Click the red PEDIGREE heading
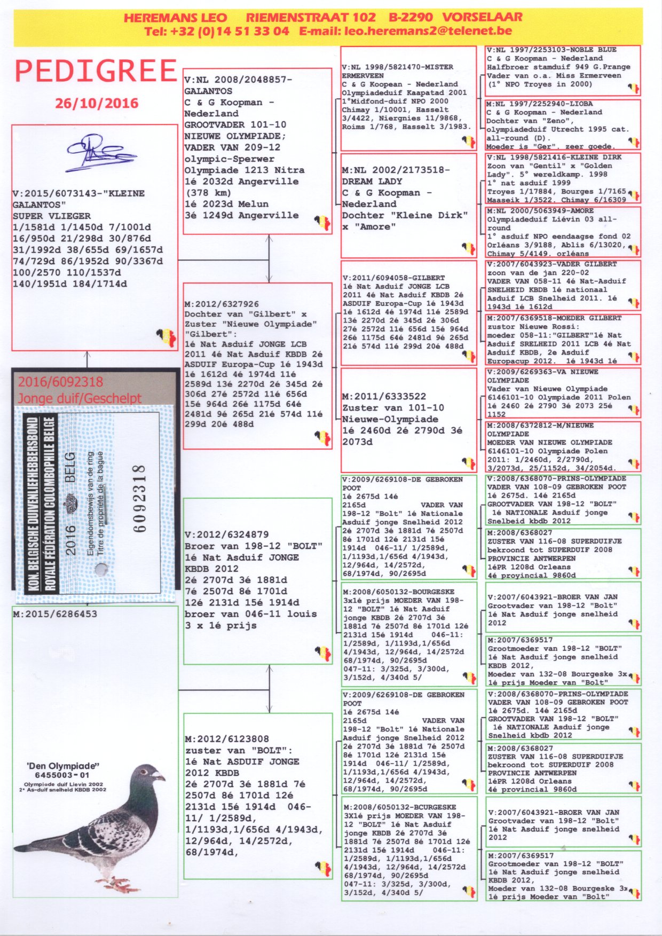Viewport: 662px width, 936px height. click(96, 72)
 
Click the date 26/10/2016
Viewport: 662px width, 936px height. click(97, 103)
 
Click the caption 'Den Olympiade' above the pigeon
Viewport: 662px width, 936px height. click(64, 766)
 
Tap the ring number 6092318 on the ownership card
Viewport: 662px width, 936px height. click(139, 499)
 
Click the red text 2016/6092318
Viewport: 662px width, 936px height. click(60, 382)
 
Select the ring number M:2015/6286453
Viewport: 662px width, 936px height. click(55, 614)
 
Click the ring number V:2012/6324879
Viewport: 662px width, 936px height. click(227, 534)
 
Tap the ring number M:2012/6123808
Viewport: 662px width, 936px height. click(227, 739)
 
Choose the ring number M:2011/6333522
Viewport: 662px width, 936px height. click(384, 396)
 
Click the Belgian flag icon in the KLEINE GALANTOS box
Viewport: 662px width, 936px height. click(166, 337)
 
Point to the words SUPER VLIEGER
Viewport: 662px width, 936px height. click(52, 216)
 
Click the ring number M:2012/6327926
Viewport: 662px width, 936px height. click(222, 304)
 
